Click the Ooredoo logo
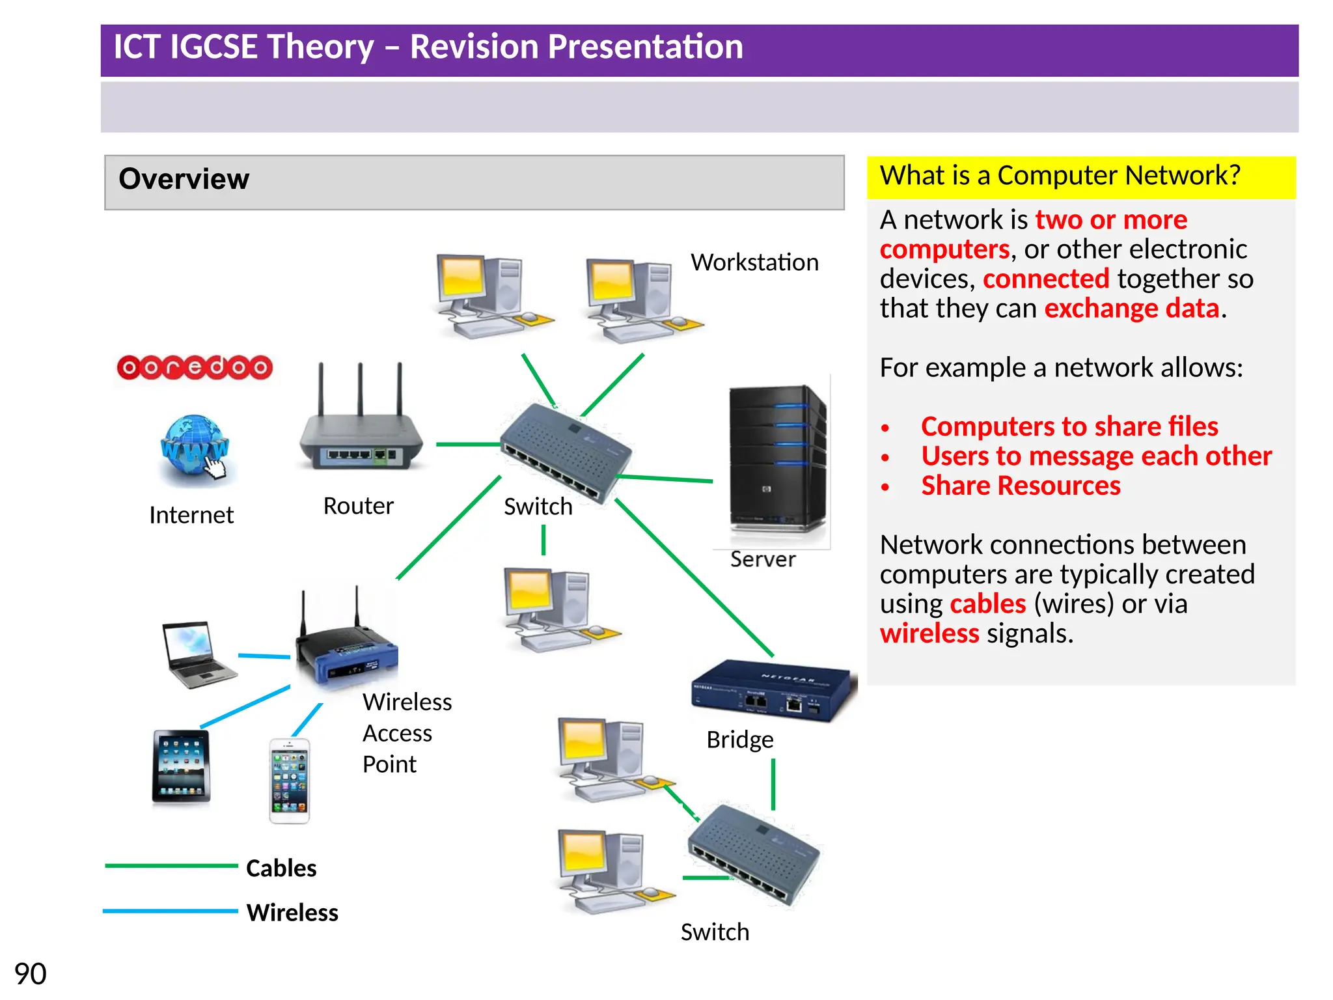tap(194, 368)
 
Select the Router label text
tap(358, 506)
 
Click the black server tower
tap(776, 459)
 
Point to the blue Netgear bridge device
tap(772, 691)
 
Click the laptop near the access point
tap(197, 654)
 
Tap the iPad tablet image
tap(181, 766)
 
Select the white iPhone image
tap(290, 781)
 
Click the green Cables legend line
tap(171, 866)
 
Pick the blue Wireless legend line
tap(171, 911)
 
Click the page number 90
tap(30, 974)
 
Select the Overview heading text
tap(184, 179)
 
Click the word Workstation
tap(754, 262)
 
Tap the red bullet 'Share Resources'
tap(1020, 486)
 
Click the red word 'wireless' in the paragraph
tap(929, 633)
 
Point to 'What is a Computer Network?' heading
tap(1060, 176)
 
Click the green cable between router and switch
tap(467, 444)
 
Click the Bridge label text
tap(740, 740)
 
